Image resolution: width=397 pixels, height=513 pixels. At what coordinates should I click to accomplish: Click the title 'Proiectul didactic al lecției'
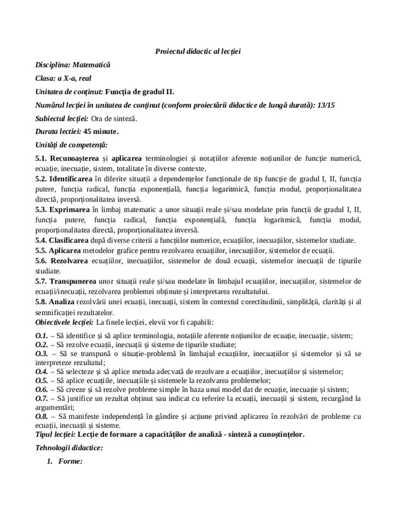click(x=198, y=51)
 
